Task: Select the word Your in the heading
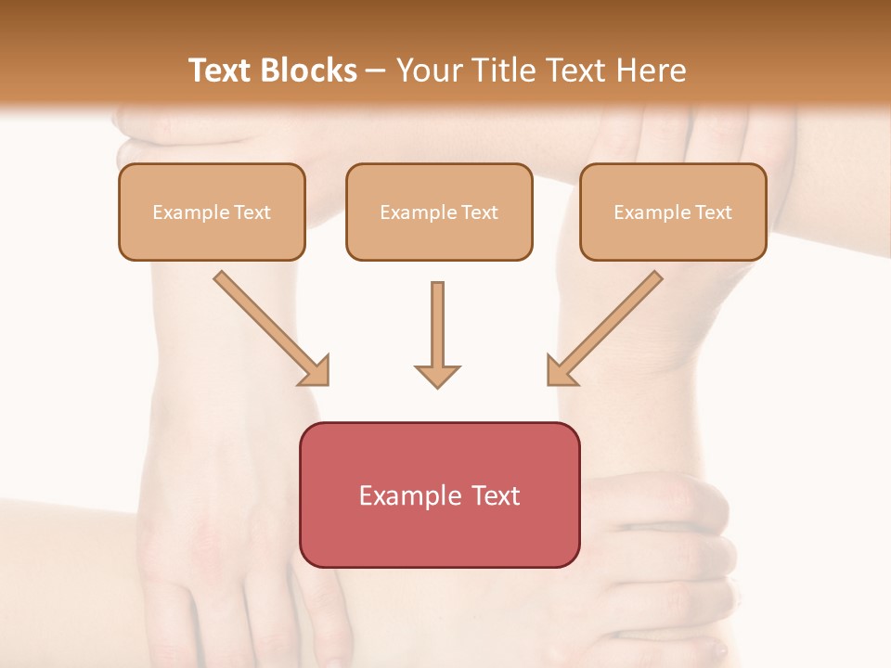point(430,71)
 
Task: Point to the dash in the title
point(376,71)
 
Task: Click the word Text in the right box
point(713,212)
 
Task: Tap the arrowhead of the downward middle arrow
point(437,375)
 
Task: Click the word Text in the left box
point(252,212)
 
